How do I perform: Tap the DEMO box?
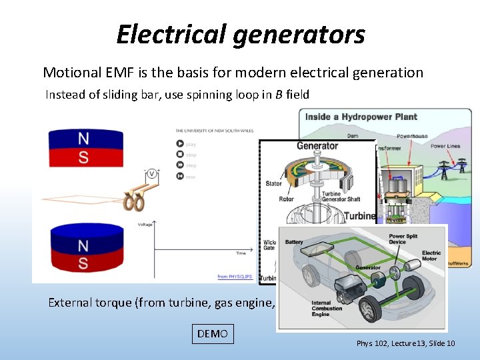tap(213, 333)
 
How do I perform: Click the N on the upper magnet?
tap(83, 138)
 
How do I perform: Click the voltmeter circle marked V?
tap(151, 174)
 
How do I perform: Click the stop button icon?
tap(179, 155)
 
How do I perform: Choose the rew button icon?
tap(179, 175)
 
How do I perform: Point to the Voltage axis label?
tap(145, 224)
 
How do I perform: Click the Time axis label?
tap(241, 253)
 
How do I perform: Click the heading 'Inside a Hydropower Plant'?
tap(361, 117)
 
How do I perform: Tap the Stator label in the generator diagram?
tap(273, 183)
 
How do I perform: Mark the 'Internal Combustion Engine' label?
tap(327, 308)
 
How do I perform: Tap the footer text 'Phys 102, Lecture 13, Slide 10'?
tap(405, 343)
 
